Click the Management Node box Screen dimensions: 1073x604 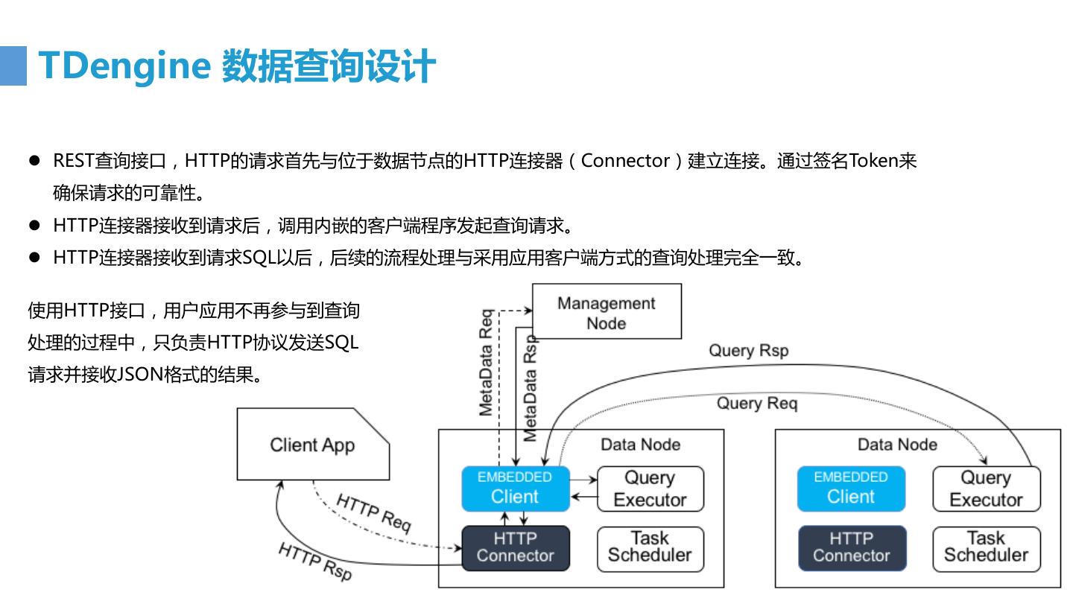[x=607, y=311]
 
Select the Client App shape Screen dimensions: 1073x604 [x=313, y=444]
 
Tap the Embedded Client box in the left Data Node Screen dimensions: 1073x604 [x=516, y=489]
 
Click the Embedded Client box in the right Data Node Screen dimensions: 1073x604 [x=851, y=489]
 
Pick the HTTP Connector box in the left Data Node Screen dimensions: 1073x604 [x=516, y=548]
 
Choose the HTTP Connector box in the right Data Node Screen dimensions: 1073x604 [x=852, y=548]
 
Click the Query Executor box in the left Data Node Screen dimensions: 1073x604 [x=651, y=489]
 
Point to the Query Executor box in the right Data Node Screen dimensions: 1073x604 [x=987, y=489]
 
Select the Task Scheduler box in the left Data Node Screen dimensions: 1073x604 [x=651, y=549]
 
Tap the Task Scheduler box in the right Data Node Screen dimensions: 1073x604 [x=987, y=549]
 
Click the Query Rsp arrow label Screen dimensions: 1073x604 [x=749, y=351]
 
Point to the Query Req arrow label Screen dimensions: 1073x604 [x=757, y=404]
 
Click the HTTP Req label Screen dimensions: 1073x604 [x=373, y=514]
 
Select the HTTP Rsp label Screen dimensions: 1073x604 [x=315, y=562]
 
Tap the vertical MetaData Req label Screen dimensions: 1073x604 [x=486, y=362]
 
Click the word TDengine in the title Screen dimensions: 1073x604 [x=124, y=66]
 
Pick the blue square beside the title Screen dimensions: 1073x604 [x=13, y=66]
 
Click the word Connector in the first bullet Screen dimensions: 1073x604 [x=625, y=161]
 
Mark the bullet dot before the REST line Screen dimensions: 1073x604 [x=34, y=160]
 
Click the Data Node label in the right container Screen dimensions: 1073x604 [x=897, y=445]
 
